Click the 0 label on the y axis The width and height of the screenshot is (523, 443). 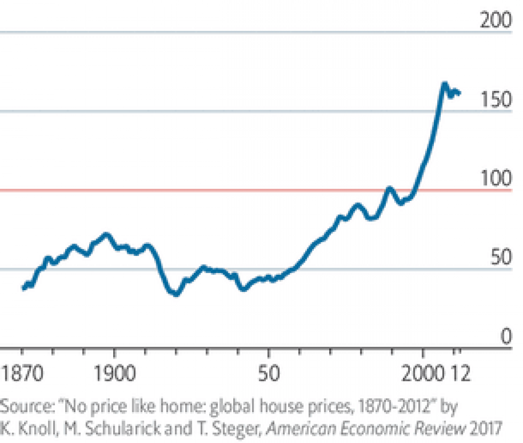[506, 337]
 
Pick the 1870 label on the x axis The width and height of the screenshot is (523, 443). [22, 373]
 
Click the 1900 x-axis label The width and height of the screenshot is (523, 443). [114, 373]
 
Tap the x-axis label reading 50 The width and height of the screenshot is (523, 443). [268, 373]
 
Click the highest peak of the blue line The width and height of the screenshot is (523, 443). [444, 84]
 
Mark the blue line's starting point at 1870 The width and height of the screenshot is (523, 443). [23, 287]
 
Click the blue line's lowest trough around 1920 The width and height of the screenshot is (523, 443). [176, 293]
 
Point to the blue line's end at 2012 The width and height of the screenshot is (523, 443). [459, 93]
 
